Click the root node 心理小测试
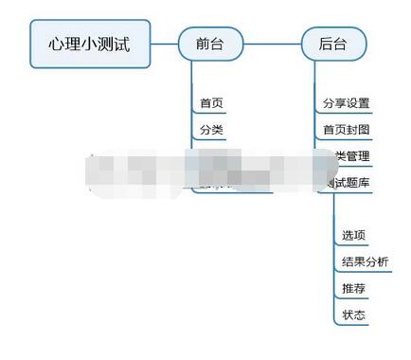coord(90,44)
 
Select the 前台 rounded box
coord(210,44)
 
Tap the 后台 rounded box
coord(333,44)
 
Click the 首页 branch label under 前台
coord(211,103)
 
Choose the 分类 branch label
coord(211,130)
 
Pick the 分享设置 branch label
coord(346,103)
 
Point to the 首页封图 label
coord(346,130)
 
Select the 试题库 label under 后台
coord(348,182)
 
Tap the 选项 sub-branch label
coord(353,234)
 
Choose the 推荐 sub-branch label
coord(353,287)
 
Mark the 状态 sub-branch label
coord(353,314)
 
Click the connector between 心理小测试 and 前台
coord(164,44)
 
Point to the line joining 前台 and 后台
coord(272,44)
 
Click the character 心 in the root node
coord(58,44)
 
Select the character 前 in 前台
coord(203,44)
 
